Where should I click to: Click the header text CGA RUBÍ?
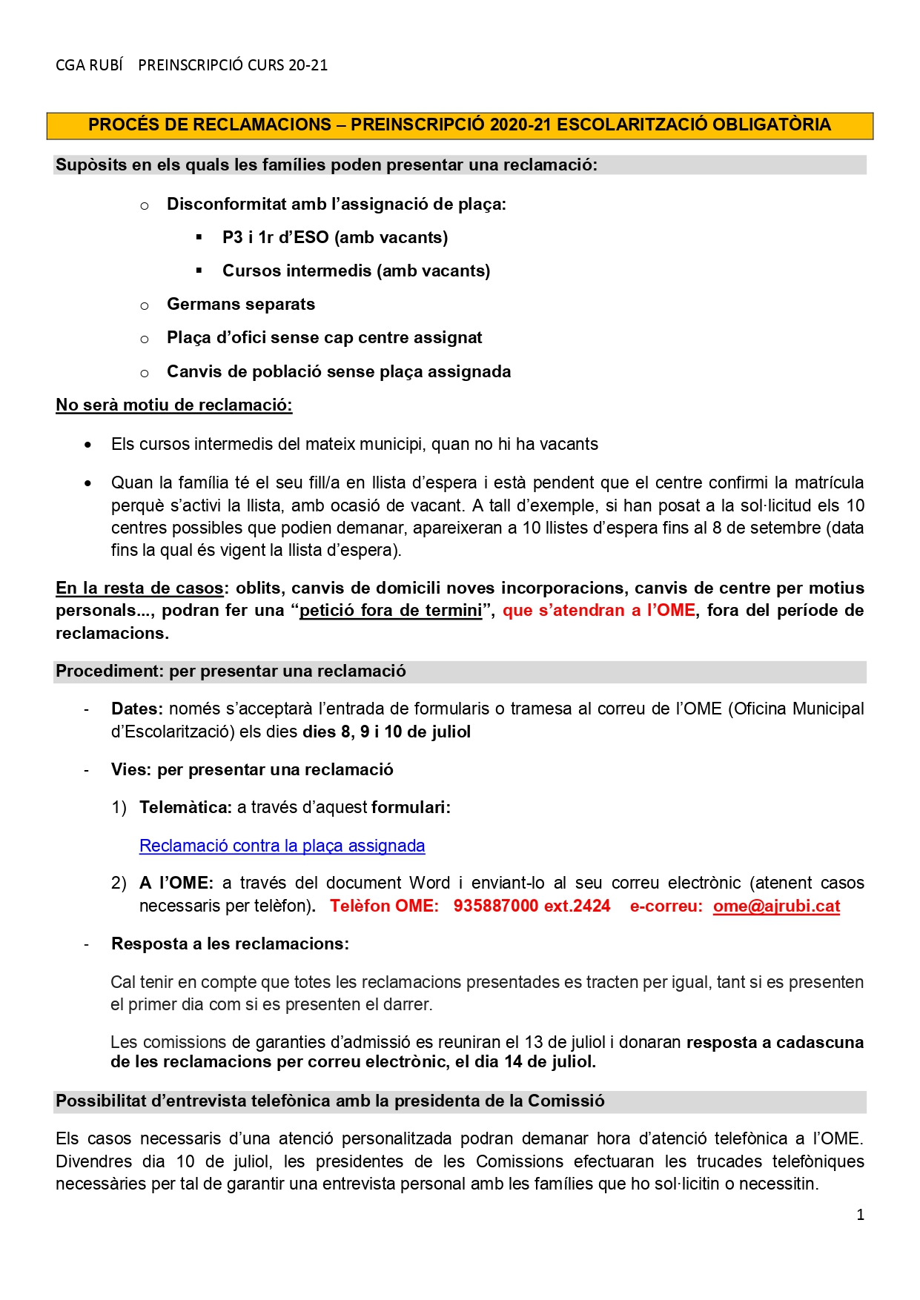[89, 65]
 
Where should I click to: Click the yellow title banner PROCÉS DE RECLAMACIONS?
[460, 125]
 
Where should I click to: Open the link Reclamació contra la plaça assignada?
[282, 846]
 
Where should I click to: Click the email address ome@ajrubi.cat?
[776, 906]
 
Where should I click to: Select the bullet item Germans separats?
[241, 304]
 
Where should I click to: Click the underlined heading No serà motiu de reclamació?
[174, 405]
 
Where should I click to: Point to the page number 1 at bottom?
[860, 1215]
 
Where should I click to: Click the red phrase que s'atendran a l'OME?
[599, 610]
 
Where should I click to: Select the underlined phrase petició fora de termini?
[391, 610]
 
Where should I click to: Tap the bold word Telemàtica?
[186, 807]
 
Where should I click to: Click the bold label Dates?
[137, 709]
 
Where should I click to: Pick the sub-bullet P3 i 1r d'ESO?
[335, 237]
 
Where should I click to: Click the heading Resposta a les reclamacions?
[230, 944]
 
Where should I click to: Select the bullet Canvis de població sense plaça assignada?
[339, 371]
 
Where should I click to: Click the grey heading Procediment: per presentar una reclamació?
[231, 671]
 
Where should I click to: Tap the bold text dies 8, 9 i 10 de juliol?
[386, 732]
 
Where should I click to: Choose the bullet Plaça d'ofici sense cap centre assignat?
[324, 337]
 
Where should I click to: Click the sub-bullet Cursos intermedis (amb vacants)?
[356, 271]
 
